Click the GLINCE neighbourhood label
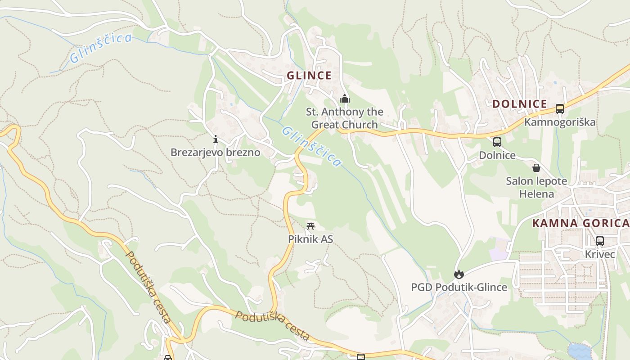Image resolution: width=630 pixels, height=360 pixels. (309, 76)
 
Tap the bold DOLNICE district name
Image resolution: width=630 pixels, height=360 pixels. (519, 104)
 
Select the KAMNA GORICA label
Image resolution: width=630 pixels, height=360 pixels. (580, 223)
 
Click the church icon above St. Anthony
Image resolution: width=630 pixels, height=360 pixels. (345, 99)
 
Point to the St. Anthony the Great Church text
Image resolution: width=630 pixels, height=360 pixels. (345, 118)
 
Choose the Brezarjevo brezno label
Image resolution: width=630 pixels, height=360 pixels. (215, 152)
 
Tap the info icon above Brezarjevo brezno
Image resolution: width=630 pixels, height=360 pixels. (216, 139)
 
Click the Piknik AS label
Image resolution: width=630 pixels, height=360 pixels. (310, 239)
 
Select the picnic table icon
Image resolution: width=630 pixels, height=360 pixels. (310, 226)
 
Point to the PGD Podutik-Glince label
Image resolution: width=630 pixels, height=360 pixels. (459, 287)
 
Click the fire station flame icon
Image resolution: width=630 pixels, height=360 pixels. (459, 274)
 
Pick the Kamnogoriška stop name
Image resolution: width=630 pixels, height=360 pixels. (560, 122)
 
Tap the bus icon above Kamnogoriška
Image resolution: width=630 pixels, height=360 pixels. (560, 109)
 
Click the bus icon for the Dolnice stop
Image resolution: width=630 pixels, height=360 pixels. (497, 142)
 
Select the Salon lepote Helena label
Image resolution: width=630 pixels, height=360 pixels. (536, 188)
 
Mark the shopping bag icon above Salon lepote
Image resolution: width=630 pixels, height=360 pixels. (536, 168)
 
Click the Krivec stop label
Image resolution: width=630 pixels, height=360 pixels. (600, 254)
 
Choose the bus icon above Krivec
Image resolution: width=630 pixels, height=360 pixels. (600, 241)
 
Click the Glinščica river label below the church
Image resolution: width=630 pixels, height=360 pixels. (311, 146)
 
